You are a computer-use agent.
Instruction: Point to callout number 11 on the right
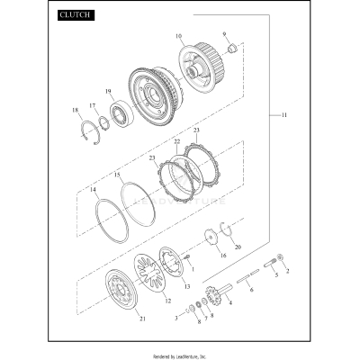[285, 117]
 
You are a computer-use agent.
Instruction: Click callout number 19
[108, 92]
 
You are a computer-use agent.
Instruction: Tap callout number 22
[177, 142]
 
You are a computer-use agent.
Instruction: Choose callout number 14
[93, 190]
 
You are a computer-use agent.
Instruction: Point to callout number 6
[251, 289]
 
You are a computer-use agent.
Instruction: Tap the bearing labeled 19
[119, 113]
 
